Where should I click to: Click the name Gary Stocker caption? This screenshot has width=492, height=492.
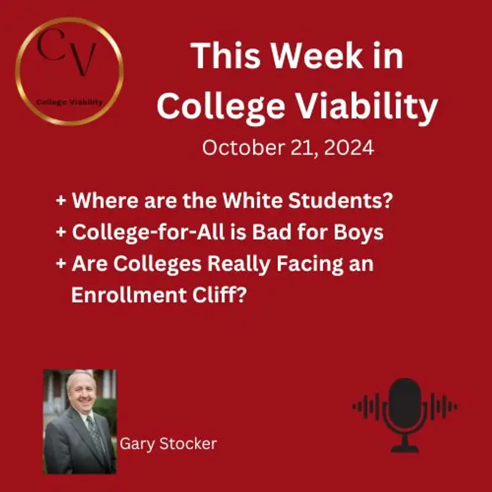click(x=168, y=443)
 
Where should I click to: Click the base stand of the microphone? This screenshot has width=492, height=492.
click(x=404, y=447)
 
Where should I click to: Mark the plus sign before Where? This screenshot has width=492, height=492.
click(x=61, y=202)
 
